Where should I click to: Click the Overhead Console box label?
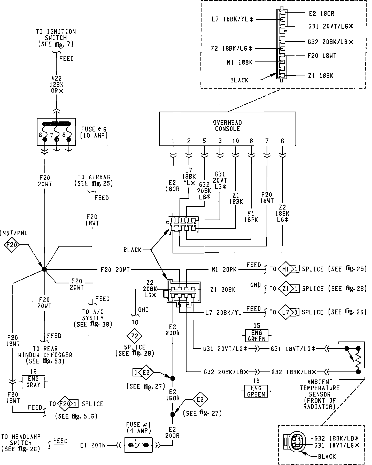point(227,126)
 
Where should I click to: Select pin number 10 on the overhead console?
point(236,141)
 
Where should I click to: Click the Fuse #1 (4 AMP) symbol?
point(138,445)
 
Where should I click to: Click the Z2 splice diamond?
point(135,336)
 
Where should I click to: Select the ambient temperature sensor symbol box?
point(352,360)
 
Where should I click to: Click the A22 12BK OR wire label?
point(57,84)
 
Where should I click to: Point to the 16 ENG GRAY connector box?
point(33,382)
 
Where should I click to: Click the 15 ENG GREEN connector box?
point(257,335)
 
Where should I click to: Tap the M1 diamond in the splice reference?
point(285,269)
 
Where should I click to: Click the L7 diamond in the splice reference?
point(285,312)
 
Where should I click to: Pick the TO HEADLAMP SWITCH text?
point(21,443)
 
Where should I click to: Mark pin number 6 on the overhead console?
point(282,141)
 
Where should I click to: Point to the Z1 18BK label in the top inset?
point(320,75)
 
